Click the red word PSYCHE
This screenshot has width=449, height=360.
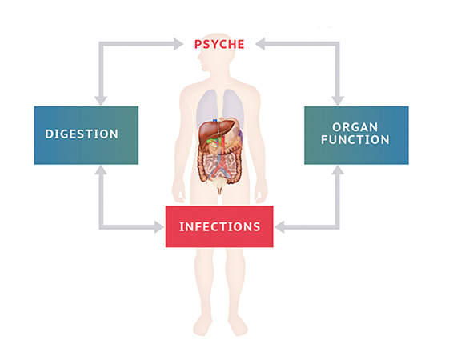(219, 44)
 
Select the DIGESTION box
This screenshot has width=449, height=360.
(86, 135)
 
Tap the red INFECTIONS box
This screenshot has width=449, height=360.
(219, 226)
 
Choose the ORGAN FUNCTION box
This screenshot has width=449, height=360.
(356, 135)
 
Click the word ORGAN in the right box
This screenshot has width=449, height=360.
(355, 127)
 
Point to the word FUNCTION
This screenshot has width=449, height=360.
(355, 140)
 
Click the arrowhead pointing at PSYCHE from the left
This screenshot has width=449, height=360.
(178, 44)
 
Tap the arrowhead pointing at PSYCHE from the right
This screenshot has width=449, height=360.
(260, 44)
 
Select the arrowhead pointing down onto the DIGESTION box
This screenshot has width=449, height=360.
(101, 101)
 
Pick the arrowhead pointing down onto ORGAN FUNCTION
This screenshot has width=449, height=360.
(338, 101)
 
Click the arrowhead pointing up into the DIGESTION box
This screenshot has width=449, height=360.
(101, 170)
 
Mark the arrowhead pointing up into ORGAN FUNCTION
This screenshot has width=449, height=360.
(338, 170)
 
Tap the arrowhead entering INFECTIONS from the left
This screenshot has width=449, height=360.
(159, 227)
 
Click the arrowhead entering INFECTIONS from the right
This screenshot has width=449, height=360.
(279, 227)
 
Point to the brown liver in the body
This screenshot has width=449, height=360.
(214, 133)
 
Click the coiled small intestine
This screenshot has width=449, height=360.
(220, 166)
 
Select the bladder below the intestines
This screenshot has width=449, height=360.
(219, 182)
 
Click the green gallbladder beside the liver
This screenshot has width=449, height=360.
(212, 141)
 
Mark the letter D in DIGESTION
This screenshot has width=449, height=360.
(50, 134)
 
